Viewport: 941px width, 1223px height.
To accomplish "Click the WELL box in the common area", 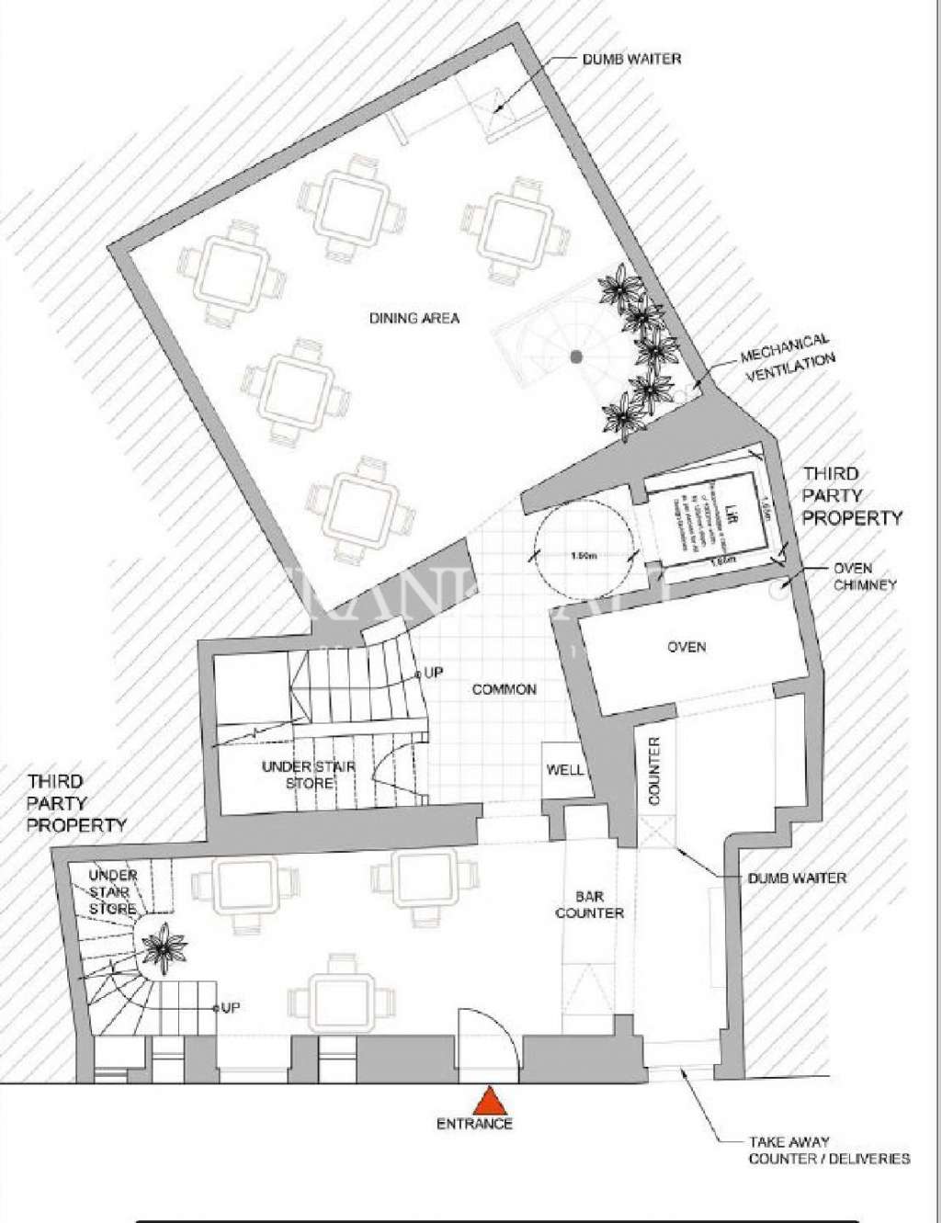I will coord(564,769).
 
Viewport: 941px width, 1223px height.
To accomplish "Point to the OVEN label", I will coord(686,647).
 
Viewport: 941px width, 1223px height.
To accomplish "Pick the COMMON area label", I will coord(505,689).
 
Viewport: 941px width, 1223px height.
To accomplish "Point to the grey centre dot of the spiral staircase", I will coord(575,356).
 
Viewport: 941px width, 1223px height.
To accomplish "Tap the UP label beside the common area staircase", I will coord(433,674).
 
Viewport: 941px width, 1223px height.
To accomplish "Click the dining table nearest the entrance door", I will coord(344,997).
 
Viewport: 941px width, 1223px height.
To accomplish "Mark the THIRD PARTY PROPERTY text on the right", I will coord(852,496).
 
